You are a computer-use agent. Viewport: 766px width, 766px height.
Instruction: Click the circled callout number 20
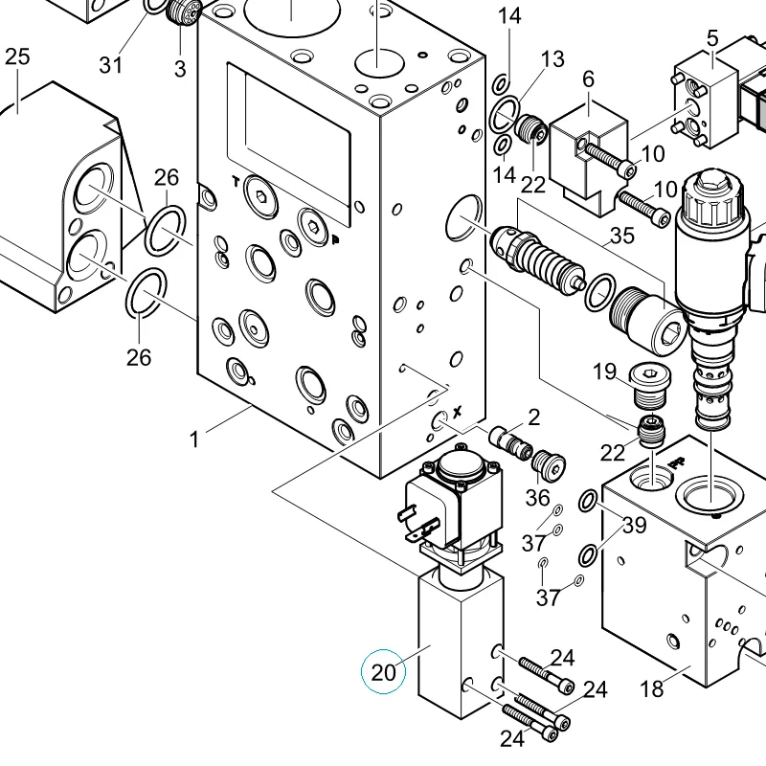pos(384,672)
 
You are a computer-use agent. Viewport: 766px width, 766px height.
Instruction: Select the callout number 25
pos(17,56)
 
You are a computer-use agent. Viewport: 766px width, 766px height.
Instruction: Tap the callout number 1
pos(194,439)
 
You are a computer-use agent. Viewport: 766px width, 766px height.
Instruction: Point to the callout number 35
pos(622,236)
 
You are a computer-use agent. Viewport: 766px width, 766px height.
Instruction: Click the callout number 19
pos(605,372)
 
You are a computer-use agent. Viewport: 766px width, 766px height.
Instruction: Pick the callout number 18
pos(652,688)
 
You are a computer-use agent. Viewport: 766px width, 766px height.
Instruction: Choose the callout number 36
pos(538,498)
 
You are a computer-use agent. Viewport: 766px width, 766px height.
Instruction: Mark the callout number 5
pos(712,38)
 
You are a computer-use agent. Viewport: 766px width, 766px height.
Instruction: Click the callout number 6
pos(588,79)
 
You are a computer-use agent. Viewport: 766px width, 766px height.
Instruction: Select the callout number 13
pos(552,59)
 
